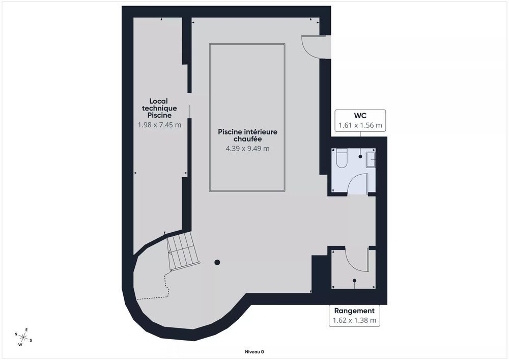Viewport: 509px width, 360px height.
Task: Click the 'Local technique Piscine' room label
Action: (x=159, y=108)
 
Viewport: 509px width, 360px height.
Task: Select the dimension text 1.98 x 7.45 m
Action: (x=159, y=124)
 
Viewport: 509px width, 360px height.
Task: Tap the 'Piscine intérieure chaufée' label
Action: (x=247, y=135)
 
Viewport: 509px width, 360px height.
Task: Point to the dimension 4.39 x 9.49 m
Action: (x=247, y=149)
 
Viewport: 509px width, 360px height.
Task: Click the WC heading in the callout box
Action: (x=360, y=116)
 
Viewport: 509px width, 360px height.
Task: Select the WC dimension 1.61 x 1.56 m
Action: (x=360, y=125)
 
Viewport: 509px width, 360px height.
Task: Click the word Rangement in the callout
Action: (x=354, y=311)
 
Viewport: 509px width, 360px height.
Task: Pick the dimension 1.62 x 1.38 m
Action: (x=354, y=320)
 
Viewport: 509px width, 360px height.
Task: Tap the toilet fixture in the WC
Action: (x=341, y=158)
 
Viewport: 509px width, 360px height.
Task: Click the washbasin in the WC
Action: (x=371, y=159)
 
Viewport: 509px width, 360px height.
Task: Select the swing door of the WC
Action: (x=358, y=183)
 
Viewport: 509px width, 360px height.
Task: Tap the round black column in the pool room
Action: (x=217, y=262)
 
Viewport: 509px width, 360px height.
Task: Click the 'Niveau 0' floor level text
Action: (x=254, y=351)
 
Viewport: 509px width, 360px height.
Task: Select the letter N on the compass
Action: (x=16, y=335)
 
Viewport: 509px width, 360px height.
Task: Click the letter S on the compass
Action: (x=31, y=340)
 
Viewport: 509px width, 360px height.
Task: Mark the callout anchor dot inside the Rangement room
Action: (x=355, y=280)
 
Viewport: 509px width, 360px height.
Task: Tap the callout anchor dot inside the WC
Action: (x=361, y=156)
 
